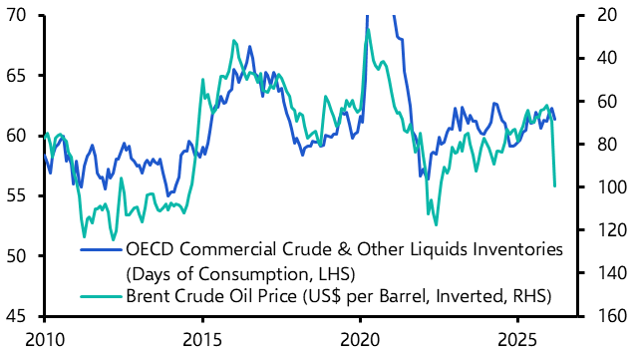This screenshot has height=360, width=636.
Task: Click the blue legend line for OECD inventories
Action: pos(101,248)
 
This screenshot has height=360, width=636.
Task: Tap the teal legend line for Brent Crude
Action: pos(101,296)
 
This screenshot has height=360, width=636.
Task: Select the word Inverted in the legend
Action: pos(432,296)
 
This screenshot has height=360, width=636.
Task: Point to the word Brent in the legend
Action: pos(149,296)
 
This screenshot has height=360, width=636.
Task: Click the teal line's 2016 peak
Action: pos(233,41)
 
